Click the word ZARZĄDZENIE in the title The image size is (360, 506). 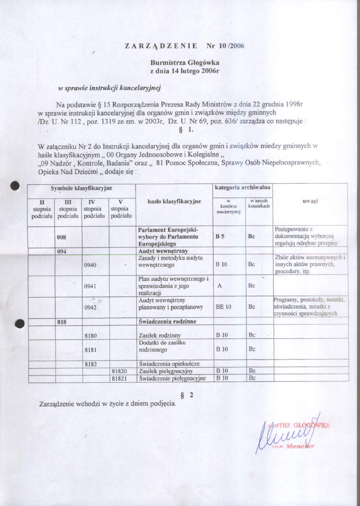(x=161, y=47)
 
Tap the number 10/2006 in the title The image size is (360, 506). (x=225, y=47)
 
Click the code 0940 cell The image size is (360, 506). (x=91, y=265)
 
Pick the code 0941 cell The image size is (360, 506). (x=91, y=286)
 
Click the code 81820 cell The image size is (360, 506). (x=119, y=371)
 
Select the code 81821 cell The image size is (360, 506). (x=119, y=378)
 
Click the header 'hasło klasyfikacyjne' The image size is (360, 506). (x=174, y=202)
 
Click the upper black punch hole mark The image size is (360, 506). (x=15, y=185)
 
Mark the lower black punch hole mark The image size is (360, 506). (x=19, y=324)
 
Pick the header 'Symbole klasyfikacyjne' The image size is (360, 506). (x=82, y=189)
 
